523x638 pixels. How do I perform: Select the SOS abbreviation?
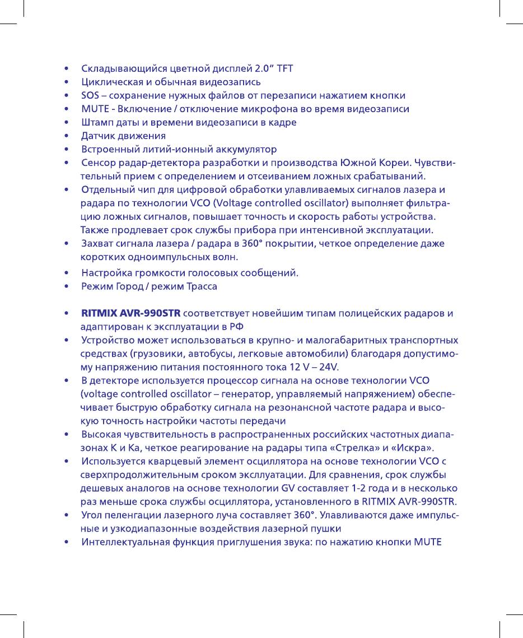coord(90,96)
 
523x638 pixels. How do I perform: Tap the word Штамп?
coord(97,122)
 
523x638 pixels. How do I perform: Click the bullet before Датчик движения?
coord(67,136)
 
